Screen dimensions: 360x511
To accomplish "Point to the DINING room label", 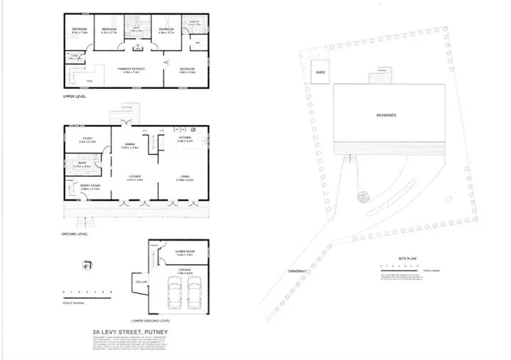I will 129,144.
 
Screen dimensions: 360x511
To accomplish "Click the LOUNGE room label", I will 135,176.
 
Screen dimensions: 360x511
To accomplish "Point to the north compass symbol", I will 84,266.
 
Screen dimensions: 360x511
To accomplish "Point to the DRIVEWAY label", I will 297,271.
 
